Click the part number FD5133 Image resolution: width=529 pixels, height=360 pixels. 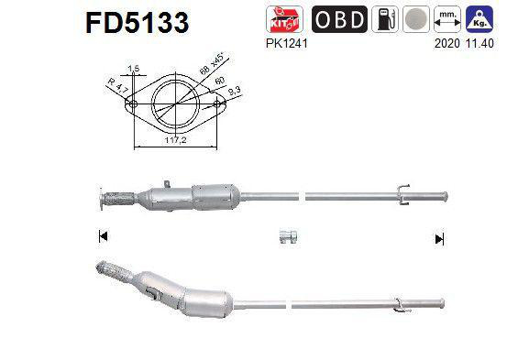click(138, 22)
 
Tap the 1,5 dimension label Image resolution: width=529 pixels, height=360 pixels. click(134, 70)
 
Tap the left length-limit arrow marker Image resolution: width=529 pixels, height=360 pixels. click(102, 237)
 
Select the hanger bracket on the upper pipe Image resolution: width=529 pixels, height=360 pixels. click(401, 191)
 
